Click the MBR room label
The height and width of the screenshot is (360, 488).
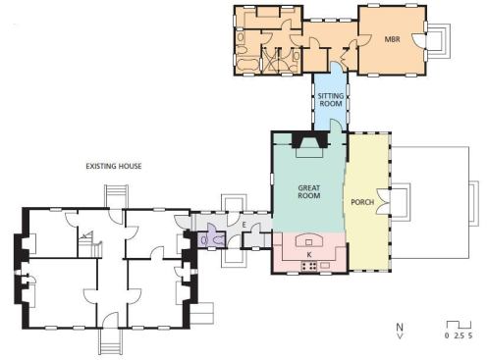click(x=392, y=39)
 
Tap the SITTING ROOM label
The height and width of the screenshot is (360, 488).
click(x=331, y=100)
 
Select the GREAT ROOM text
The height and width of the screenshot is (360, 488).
click(x=309, y=192)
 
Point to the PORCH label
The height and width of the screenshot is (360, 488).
click(x=362, y=202)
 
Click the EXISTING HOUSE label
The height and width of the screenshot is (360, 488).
click(x=114, y=166)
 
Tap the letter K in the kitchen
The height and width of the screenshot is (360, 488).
click(x=309, y=254)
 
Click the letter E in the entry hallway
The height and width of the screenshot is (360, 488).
click(x=244, y=225)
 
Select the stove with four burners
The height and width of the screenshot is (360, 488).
click(x=309, y=266)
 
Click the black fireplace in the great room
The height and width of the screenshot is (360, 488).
click(x=309, y=139)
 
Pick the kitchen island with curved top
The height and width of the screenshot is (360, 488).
click(x=309, y=240)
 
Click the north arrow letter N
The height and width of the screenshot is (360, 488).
click(x=400, y=327)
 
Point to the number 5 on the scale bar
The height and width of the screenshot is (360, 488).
click(x=470, y=335)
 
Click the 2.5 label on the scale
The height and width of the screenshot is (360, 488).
click(x=459, y=335)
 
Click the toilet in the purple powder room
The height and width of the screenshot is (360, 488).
click(x=218, y=240)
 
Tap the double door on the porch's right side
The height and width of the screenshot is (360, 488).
click(x=383, y=202)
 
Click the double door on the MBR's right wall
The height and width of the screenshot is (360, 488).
click(x=419, y=40)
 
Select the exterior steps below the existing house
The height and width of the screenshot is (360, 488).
click(x=110, y=341)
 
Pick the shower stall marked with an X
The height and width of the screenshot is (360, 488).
click(x=270, y=61)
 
